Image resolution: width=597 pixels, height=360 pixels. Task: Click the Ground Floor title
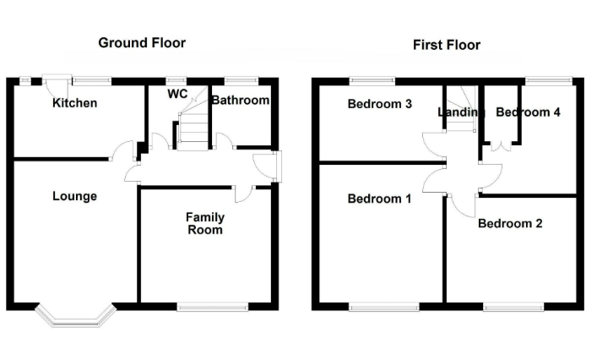point(142,42)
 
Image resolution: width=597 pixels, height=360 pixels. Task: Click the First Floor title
point(447,45)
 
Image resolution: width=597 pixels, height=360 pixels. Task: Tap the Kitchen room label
point(74,103)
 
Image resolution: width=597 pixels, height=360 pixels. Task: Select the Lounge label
point(74,196)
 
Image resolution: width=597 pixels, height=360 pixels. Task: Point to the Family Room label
point(205,223)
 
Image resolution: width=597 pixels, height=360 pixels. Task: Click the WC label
point(177,94)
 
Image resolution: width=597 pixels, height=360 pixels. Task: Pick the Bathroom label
point(241,101)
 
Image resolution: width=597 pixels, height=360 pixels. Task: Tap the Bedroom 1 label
point(380,199)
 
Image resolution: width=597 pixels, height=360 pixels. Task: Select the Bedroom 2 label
point(510,223)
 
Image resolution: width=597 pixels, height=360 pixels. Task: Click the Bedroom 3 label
point(380,104)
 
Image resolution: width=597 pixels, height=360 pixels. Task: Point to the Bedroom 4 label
point(528,112)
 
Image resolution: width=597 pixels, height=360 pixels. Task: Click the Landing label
point(461,112)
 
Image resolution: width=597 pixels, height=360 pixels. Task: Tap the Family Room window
point(213,307)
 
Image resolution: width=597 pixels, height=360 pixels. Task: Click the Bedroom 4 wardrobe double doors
point(501,146)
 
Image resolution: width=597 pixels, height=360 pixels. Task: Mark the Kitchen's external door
point(57,85)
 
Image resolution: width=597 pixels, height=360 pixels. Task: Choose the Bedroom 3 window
point(372,81)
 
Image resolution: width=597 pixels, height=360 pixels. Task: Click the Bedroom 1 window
point(383,307)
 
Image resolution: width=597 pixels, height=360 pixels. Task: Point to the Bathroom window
point(242,81)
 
